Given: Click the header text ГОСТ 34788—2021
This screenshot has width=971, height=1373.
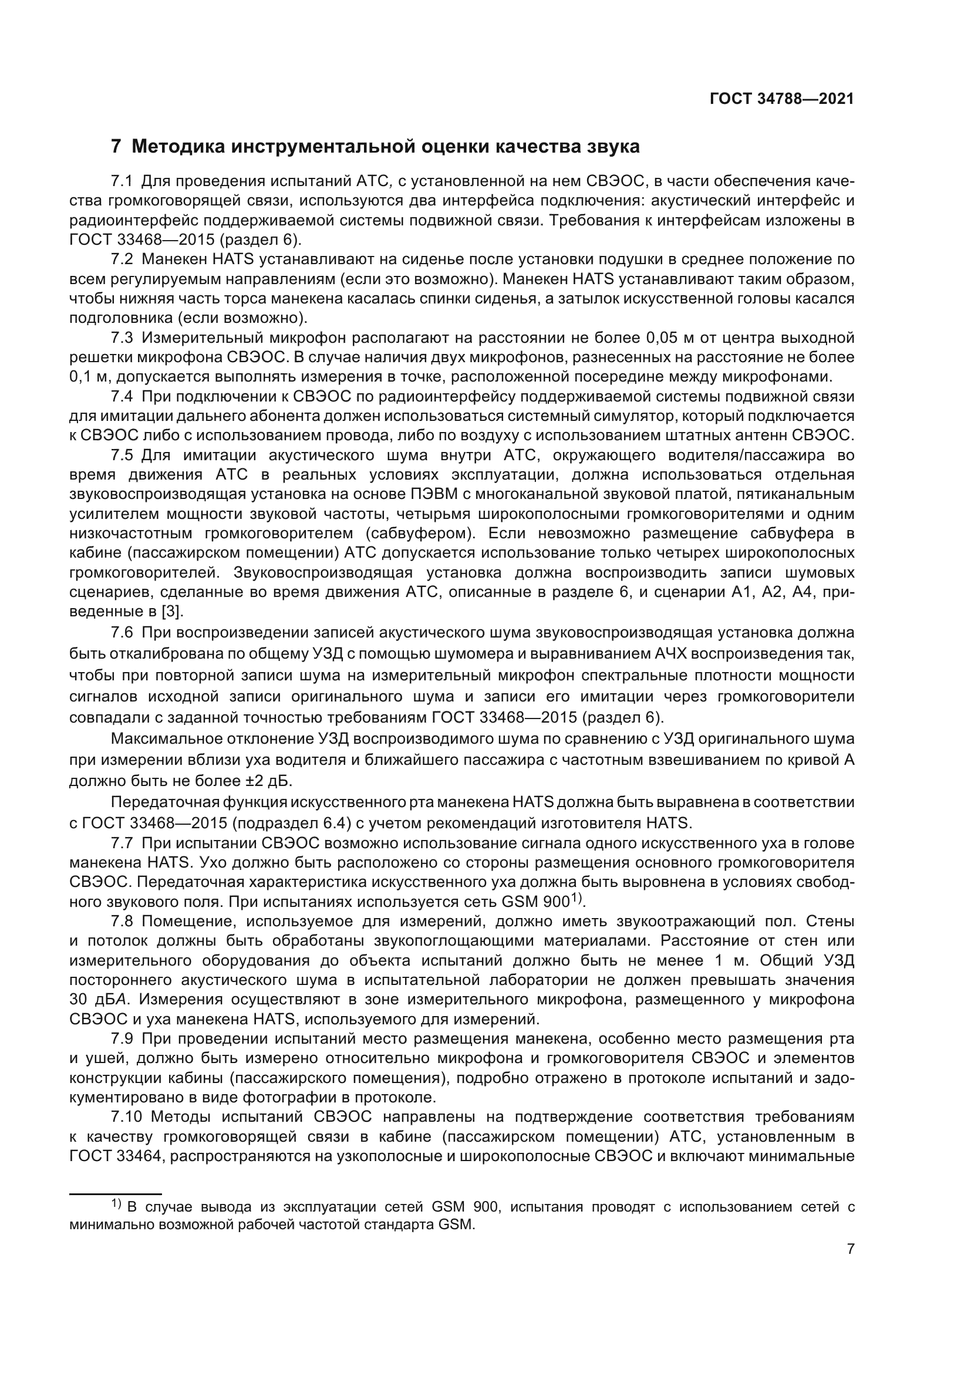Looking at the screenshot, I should tap(781, 99).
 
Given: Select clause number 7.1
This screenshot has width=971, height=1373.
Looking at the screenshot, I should tap(123, 181).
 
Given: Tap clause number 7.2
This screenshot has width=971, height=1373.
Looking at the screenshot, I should tap(123, 259).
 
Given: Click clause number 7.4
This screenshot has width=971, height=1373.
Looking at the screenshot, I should tap(123, 396).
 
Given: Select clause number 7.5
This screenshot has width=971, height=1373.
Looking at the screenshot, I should tap(123, 455).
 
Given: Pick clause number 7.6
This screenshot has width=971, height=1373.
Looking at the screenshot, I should tap(123, 632).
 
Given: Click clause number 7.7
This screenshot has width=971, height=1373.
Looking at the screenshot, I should tap(123, 844).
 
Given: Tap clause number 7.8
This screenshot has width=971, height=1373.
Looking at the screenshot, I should tap(123, 922).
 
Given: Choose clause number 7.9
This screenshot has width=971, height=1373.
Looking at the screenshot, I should tap(123, 1039).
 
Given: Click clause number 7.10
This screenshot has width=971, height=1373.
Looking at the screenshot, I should tap(126, 1116).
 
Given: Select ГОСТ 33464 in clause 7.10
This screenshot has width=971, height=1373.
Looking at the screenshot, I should tap(117, 1156).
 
